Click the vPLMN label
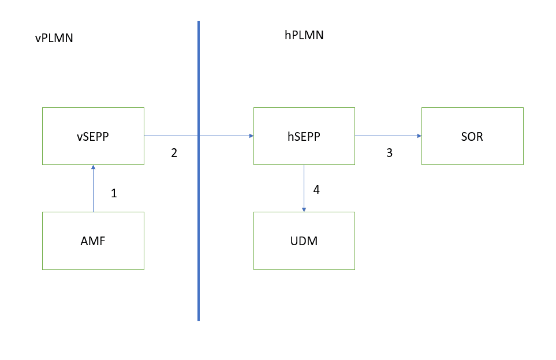[54, 39]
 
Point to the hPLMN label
[304, 35]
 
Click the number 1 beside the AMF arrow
[114, 194]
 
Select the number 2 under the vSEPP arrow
[174, 153]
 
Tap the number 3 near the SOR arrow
[389, 153]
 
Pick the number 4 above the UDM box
[316, 189]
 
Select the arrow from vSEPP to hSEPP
[173, 136]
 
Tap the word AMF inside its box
[93, 241]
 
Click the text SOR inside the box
[472, 137]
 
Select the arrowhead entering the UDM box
[304, 209]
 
